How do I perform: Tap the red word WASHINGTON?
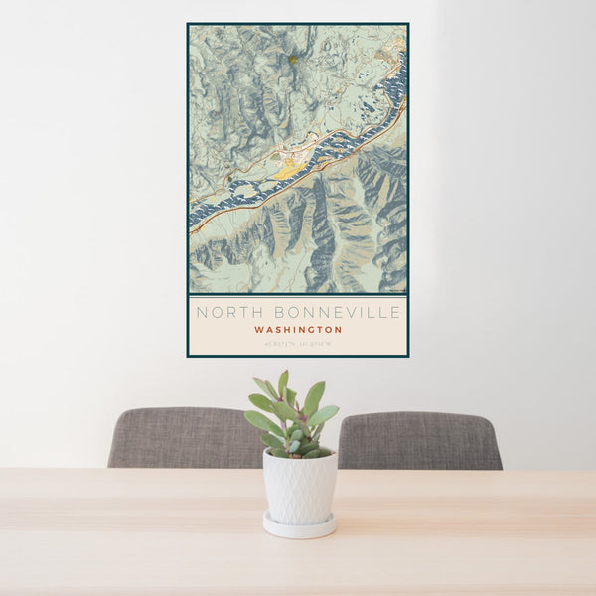298,330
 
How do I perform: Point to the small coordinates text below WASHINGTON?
298,344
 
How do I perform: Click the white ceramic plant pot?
299,486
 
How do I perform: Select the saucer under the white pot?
299,526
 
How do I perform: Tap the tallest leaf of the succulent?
283,383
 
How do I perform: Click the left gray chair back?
184,438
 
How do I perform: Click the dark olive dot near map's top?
293,60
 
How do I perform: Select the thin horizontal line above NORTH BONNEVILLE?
298,295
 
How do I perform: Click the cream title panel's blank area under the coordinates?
298,351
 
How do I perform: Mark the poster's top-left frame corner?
188,24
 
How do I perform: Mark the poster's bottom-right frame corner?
407,356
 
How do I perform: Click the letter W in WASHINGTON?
258,330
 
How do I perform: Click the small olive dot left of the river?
229,179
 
